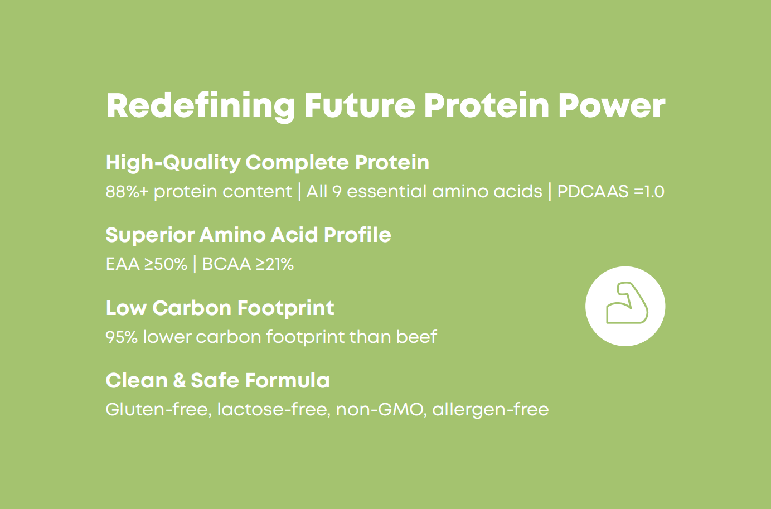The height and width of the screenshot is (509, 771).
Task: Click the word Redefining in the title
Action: click(x=201, y=106)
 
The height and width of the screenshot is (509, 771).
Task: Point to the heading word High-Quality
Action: click(x=173, y=163)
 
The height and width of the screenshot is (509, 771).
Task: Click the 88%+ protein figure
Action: click(x=127, y=192)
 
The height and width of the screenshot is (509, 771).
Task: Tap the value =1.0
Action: click(x=649, y=192)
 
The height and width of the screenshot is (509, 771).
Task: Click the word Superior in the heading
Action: click(x=151, y=235)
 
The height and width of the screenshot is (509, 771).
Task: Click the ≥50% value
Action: click(x=166, y=264)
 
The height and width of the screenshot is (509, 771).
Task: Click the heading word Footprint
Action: click(x=285, y=308)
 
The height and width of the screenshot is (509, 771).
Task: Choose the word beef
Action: click(x=416, y=337)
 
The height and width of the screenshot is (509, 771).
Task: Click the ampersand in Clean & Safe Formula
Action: click(x=180, y=381)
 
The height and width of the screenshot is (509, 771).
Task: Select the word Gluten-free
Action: click(x=159, y=410)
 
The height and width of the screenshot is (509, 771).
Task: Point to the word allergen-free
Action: click(x=491, y=410)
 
